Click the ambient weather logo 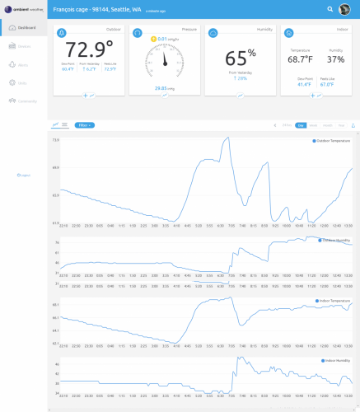22,8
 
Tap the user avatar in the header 339,9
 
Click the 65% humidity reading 240,59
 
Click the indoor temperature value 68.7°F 300,59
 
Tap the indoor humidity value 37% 335,59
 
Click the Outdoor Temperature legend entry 332,141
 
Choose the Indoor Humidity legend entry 334,360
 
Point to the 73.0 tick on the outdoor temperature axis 55,140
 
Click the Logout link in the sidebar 24,176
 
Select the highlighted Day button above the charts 301,125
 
